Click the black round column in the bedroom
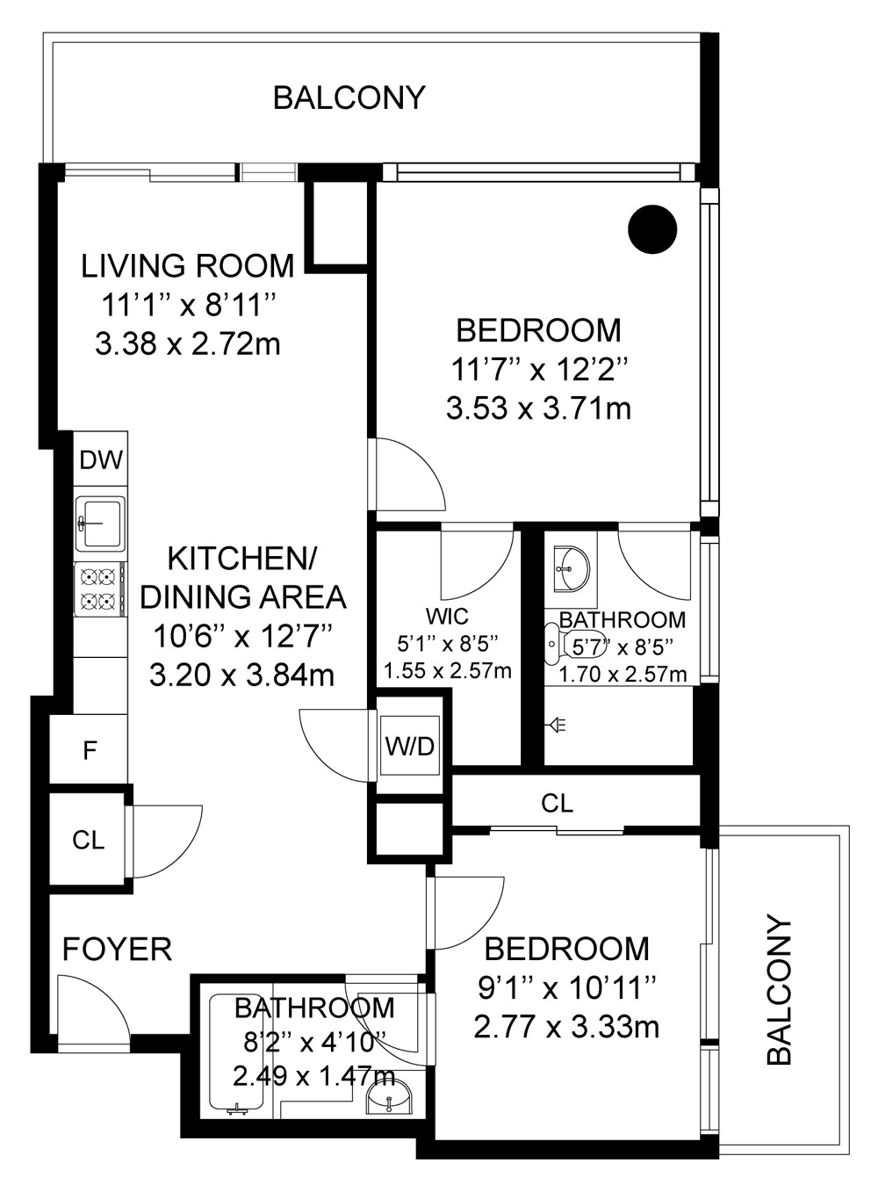[x=652, y=229]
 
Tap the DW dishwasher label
[x=101, y=460]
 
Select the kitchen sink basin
[x=100, y=524]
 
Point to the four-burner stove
[x=100, y=589]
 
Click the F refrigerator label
[x=90, y=751]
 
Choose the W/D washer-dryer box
[x=410, y=746]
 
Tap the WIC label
[x=447, y=616]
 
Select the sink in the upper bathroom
[x=571, y=569]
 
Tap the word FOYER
[x=117, y=950]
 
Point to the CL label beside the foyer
[x=89, y=841]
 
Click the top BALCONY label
[x=349, y=98]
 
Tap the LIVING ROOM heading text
[x=188, y=265]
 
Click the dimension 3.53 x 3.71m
[x=538, y=409]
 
